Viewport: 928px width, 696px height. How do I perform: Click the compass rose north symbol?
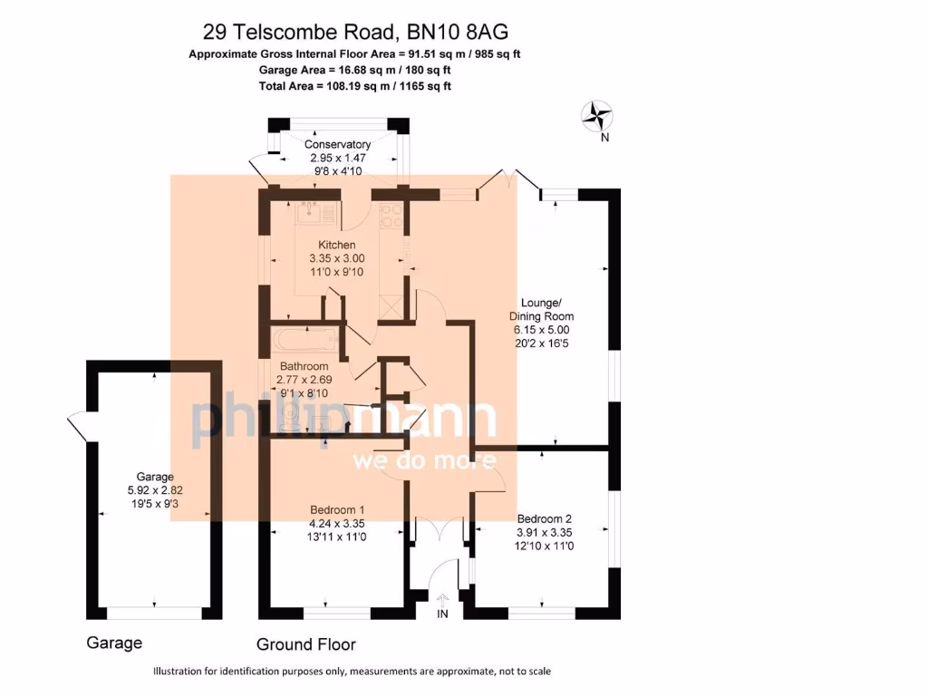[596, 115]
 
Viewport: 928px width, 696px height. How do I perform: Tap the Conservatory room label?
[337, 144]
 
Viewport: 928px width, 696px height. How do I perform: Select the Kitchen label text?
[336, 245]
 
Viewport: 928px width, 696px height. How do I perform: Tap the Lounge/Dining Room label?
[542, 309]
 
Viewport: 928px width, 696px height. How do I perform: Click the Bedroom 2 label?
[544, 519]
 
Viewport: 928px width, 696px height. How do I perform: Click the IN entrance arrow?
[443, 599]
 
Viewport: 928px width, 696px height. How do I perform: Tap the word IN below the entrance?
[443, 614]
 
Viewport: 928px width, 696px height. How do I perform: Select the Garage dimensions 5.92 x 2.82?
[155, 490]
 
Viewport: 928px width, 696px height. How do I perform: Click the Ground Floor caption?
[305, 644]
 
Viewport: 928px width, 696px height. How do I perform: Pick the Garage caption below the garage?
[114, 643]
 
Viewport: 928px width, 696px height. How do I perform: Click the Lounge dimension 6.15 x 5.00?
[542, 330]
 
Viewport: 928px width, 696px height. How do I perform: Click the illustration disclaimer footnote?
[352, 672]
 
